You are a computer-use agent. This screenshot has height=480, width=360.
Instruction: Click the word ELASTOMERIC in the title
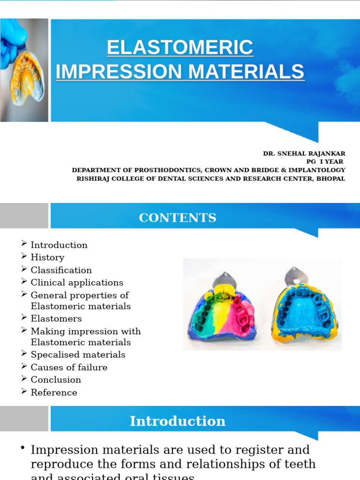point(180,48)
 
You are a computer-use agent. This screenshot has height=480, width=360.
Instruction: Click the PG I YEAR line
point(325,162)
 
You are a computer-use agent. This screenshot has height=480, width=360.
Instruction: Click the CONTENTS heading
point(178,218)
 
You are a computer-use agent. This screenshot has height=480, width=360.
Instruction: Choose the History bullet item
point(47,257)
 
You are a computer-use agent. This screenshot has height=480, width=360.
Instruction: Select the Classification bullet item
point(61,270)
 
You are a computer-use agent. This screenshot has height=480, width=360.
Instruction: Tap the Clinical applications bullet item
point(77,283)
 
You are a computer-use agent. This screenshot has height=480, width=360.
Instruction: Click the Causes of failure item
point(69,367)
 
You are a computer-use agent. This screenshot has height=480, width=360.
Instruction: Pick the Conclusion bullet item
point(56,380)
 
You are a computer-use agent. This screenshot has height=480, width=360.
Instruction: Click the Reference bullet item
point(54,392)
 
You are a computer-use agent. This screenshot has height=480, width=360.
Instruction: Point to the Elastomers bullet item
point(56,319)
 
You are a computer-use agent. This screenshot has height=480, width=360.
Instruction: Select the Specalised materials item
point(78,355)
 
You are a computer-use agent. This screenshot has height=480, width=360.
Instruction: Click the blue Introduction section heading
point(178,421)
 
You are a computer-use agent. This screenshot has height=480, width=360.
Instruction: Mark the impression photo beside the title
point(24,70)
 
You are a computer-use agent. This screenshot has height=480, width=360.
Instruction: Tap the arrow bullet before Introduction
point(24,244)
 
